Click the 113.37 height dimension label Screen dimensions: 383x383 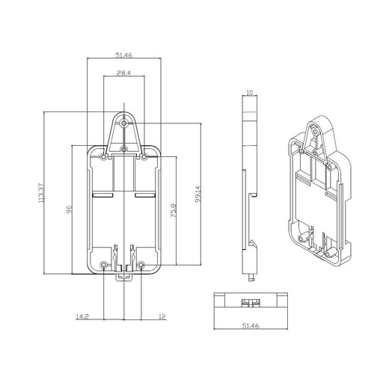pyautogui.click(x=42, y=193)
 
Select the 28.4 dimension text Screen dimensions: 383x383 pyautogui.click(x=124, y=73)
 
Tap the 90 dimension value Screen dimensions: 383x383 pyautogui.click(x=69, y=209)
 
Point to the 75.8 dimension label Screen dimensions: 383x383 pyautogui.click(x=174, y=211)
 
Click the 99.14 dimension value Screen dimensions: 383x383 pyautogui.click(x=198, y=194)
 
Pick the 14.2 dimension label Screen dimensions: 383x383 pyautogui.click(x=82, y=316)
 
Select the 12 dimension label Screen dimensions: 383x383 pyautogui.click(x=162, y=316)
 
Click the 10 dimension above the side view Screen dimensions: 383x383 pyautogui.click(x=249, y=93)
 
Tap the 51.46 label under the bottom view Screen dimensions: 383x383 pyautogui.click(x=251, y=325)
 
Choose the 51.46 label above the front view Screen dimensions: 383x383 pyautogui.click(x=124, y=55)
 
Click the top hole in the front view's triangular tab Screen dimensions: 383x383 pyautogui.click(x=123, y=123)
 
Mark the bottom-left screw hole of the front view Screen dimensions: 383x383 pyautogui.click(x=104, y=265)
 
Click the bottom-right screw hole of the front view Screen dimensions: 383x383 pyautogui.click(x=141, y=265)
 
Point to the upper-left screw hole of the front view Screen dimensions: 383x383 pyautogui.click(x=103, y=157)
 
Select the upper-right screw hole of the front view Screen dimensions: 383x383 pyautogui.click(x=144, y=157)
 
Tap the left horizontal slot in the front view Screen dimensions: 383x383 pyautogui.click(x=103, y=194)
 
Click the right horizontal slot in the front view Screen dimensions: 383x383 pyautogui.click(x=145, y=194)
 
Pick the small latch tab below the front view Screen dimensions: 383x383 pyautogui.click(x=124, y=277)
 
